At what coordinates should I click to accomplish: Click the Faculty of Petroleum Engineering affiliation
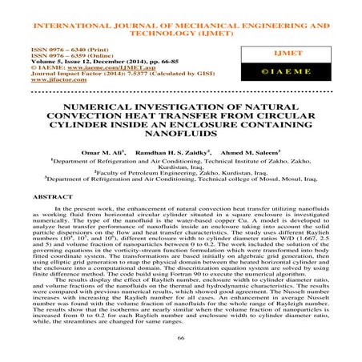181,171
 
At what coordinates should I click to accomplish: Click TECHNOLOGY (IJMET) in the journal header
181,24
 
